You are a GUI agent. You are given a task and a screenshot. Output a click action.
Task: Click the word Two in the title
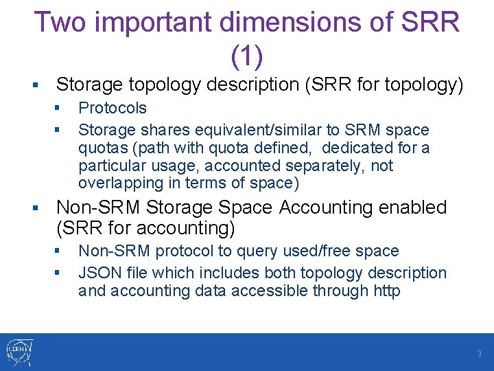(62, 23)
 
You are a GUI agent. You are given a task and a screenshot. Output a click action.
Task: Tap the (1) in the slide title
(247, 56)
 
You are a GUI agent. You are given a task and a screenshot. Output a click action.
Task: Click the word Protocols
(113, 108)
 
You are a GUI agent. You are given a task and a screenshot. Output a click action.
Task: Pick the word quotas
(100, 148)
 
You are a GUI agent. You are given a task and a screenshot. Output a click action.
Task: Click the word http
(386, 291)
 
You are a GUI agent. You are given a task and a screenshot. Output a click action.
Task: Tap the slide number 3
(480, 354)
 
